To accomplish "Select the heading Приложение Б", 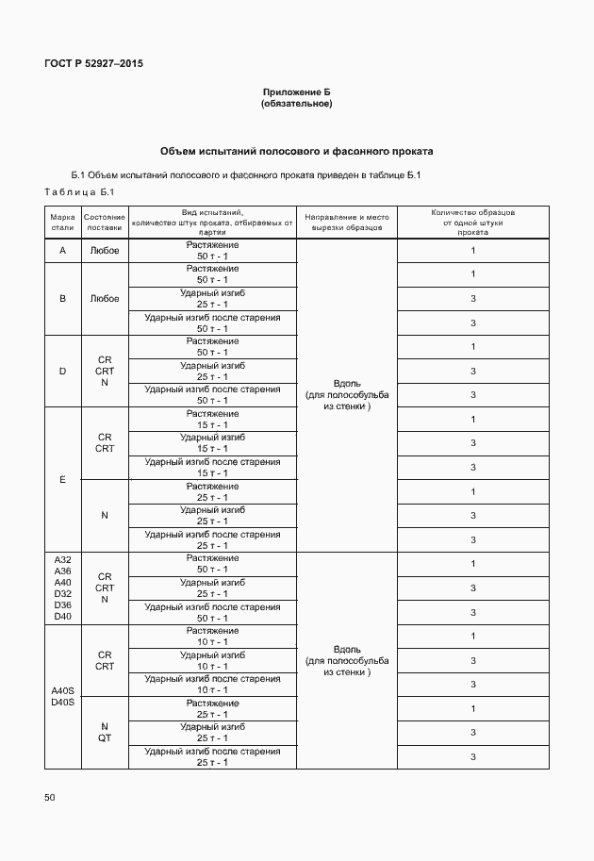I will coord(296,92).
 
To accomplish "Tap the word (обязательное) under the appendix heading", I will coord(296,103).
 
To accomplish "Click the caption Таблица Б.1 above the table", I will coord(78,193).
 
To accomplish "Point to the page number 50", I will coord(50,797).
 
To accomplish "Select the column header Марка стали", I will coord(62,222).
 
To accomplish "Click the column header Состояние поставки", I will coord(104,222).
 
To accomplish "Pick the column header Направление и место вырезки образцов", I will coord(346,223).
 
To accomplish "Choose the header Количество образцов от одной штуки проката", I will coord(472,222).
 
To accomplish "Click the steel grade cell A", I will coord(62,251).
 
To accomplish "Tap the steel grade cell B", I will coord(62,298).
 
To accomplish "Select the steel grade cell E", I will coord(62,479).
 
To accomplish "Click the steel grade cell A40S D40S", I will coord(62,697).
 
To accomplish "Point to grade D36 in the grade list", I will coord(62,604).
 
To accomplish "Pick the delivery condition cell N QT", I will coord(104,732).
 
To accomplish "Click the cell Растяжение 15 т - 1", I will coord(212,419).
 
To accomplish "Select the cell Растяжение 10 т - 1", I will coord(212,636).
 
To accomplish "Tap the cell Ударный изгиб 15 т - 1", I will coord(212,443).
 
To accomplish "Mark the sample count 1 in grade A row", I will coord(472,251).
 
